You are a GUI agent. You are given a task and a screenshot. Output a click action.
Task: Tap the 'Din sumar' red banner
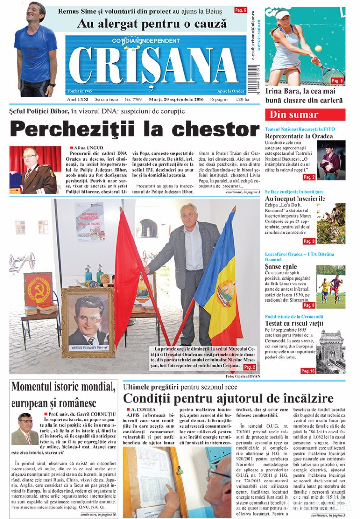click(305, 115)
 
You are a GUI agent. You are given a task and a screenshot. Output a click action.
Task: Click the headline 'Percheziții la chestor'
click(134, 129)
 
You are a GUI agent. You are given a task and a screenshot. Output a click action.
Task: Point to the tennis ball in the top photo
click(318, 48)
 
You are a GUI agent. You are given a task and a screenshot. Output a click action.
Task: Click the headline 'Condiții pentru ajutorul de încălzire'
click(228, 398)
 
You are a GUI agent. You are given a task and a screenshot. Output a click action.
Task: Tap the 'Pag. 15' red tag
click(308, 371)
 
